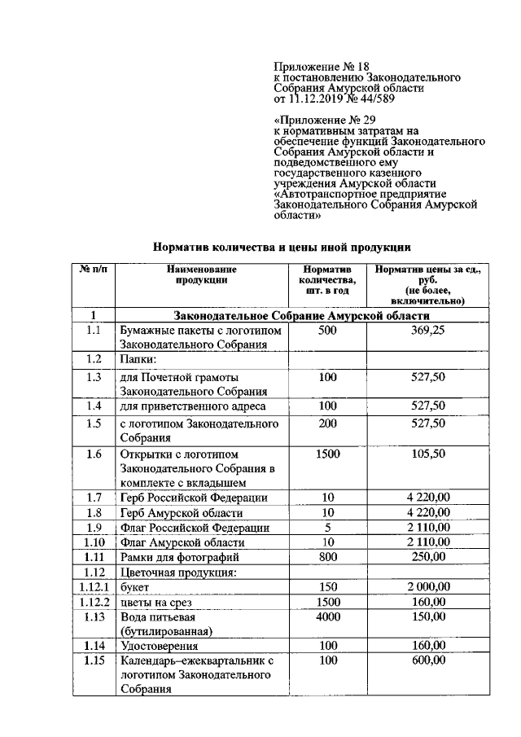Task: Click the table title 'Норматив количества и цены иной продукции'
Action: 282,245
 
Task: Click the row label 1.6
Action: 94,454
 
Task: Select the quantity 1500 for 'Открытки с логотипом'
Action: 326,454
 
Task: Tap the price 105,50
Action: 427,454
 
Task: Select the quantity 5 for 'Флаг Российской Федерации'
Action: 326,528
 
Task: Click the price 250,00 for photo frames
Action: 427,557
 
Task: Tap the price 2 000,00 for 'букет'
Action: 427,586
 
